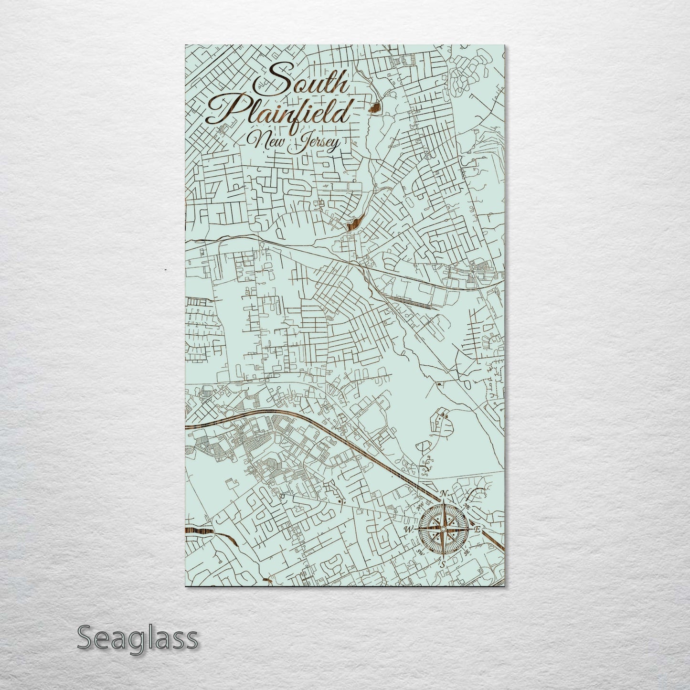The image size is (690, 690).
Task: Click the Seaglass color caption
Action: [137, 638]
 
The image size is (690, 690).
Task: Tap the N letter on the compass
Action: [444, 494]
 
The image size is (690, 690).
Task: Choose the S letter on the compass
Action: [443, 564]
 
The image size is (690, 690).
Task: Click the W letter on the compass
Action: [409, 530]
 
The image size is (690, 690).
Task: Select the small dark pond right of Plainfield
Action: [377, 106]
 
